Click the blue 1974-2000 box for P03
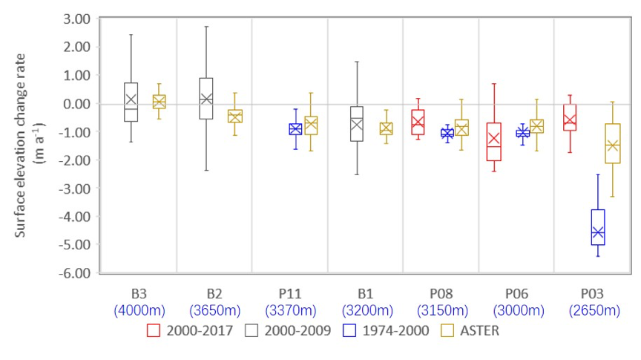(x=597, y=227)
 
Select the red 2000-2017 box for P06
(x=493, y=142)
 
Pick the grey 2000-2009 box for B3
(x=131, y=102)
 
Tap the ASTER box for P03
(x=613, y=143)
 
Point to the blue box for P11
(x=295, y=129)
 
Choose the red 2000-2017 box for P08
(x=418, y=122)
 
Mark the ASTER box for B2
(x=235, y=116)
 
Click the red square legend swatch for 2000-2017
(x=154, y=330)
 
